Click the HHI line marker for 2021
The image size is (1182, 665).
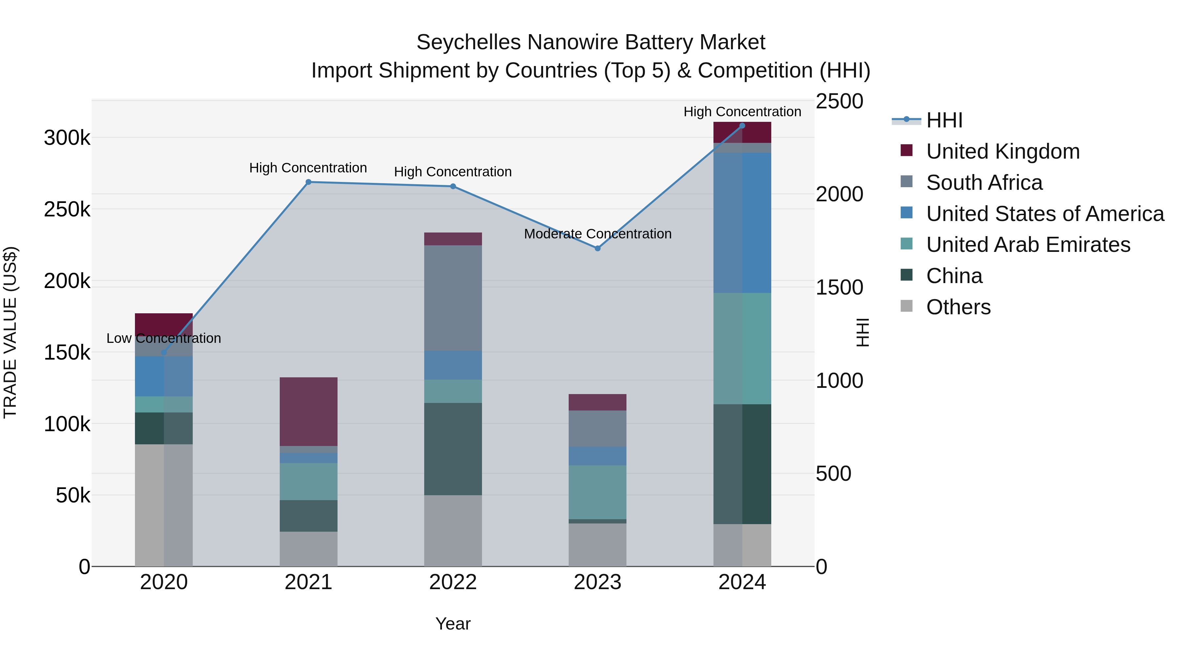pyautogui.click(x=308, y=182)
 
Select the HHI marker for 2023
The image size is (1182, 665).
pyautogui.click(x=598, y=248)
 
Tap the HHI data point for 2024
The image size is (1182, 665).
pyautogui.click(x=742, y=126)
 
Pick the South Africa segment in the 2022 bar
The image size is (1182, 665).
pyautogui.click(x=453, y=298)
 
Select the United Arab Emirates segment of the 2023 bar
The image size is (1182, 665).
pyautogui.click(x=598, y=492)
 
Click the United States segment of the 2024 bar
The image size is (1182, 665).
pyautogui.click(x=742, y=223)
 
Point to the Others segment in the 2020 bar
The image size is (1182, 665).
pyautogui.click(x=164, y=505)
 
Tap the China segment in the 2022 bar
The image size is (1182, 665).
pyautogui.click(x=453, y=449)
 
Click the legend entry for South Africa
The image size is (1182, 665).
pyautogui.click(x=984, y=183)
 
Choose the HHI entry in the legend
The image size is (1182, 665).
pyautogui.click(x=944, y=120)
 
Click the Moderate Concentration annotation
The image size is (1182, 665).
pyautogui.click(x=598, y=234)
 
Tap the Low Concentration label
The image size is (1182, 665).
pyautogui.click(x=164, y=339)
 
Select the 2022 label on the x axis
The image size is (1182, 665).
pyautogui.click(x=453, y=582)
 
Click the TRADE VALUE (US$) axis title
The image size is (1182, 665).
pyautogui.click(x=10, y=332)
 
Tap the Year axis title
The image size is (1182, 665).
pyautogui.click(x=453, y=624)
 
